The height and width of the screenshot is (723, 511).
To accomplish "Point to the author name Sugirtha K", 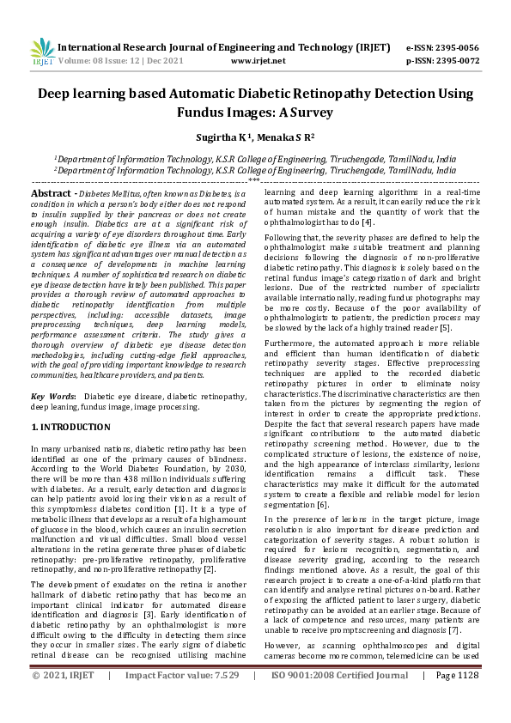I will tap(228, 136).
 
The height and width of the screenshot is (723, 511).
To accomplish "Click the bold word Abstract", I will tap(50, 195).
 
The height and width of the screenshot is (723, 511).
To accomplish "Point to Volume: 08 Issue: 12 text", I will tap(107, 62).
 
